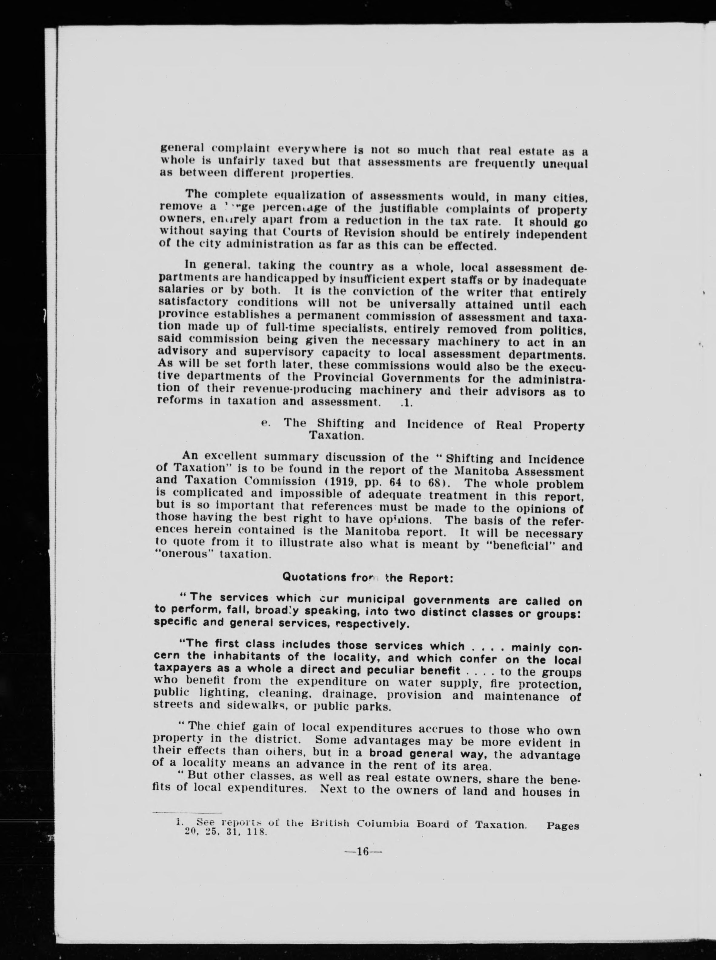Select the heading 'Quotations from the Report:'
coord(368,577)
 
